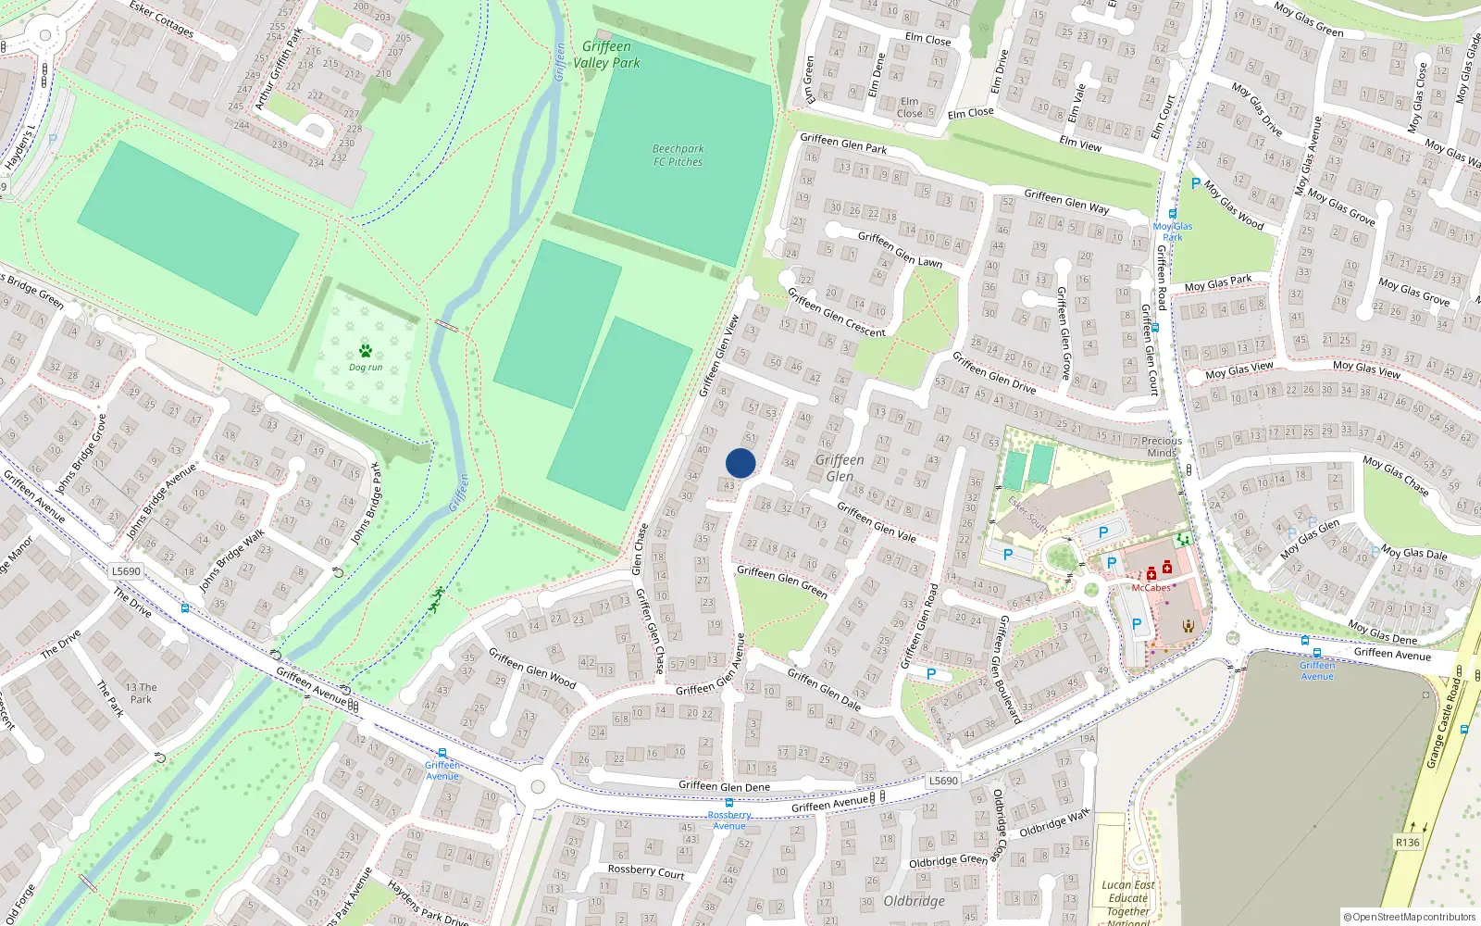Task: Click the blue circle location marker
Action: pyautogui.click(x=740, y=463)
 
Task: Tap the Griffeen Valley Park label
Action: pyautogui.click(x=606, y=55)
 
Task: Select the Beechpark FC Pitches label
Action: pyautogui.click(x=678, y=155)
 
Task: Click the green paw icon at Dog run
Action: pyautogui.click(x=366, y=351)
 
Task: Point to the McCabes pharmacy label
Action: pyautogui.click(x=1151, y=588)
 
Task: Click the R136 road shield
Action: pyautogui.click(x=1407, y=843)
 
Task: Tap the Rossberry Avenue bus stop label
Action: pyautogui.click(x=729, y=820)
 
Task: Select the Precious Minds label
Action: pyautogui.click(x=1162, y=446)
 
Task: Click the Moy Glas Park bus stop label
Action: pyautogui.click(x=1173, y=231)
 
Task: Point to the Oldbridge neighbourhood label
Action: pyautogui.click(x=914, y=901)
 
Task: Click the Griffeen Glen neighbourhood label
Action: pyautogui.click(x=840, y=468)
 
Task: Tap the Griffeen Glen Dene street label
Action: pyautogui.click(x=724, y=786)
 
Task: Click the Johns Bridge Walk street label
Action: pyautogui.click(x=232, y=559)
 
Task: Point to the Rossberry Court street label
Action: pyautogui.click(x=646, y=870)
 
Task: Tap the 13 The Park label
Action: pyautogui.click(x=141, y=694)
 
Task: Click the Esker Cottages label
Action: pyautogui.click(x=162, y=19)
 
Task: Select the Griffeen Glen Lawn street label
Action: pyautogui.click(x=900, y=248)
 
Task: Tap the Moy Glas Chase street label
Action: pyautogui.click(x=1395, y=474)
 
